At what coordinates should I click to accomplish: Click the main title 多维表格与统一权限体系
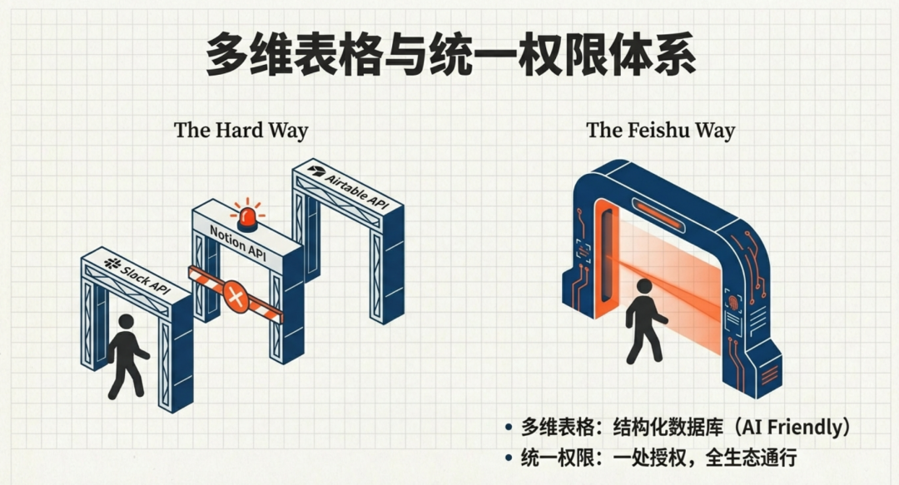(x=449, y=54)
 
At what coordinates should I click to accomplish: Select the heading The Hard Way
(x=241, y=131)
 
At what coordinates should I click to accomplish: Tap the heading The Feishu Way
(x=660, y=131)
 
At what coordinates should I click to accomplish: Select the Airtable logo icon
(x=315, y=170)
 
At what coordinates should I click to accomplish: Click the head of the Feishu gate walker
(x=643, y=287)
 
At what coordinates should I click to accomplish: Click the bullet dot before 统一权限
(x=508, y=457)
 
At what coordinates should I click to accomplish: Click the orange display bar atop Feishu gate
(x=658, y=205)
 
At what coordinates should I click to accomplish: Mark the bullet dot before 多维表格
(x=508, y=428)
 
